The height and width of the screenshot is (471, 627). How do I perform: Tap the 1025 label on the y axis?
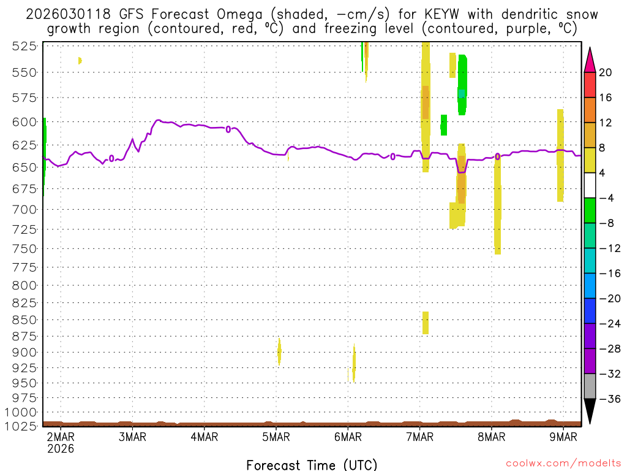pos(25,425)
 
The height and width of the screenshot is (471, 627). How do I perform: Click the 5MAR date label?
pos(276,437)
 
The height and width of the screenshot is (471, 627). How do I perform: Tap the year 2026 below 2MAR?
pos(61,448)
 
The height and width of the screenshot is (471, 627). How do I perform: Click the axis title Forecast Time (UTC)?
pos(312,464)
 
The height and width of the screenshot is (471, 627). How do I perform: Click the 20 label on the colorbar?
pos(606,72)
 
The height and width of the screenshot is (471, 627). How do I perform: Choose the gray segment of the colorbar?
pos(590,386)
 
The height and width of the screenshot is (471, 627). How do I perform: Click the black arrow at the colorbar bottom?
pos(590,411)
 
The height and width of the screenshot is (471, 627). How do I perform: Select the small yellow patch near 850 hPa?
pos(426,323)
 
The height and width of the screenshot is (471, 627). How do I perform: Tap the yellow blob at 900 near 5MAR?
pos(279,351)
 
